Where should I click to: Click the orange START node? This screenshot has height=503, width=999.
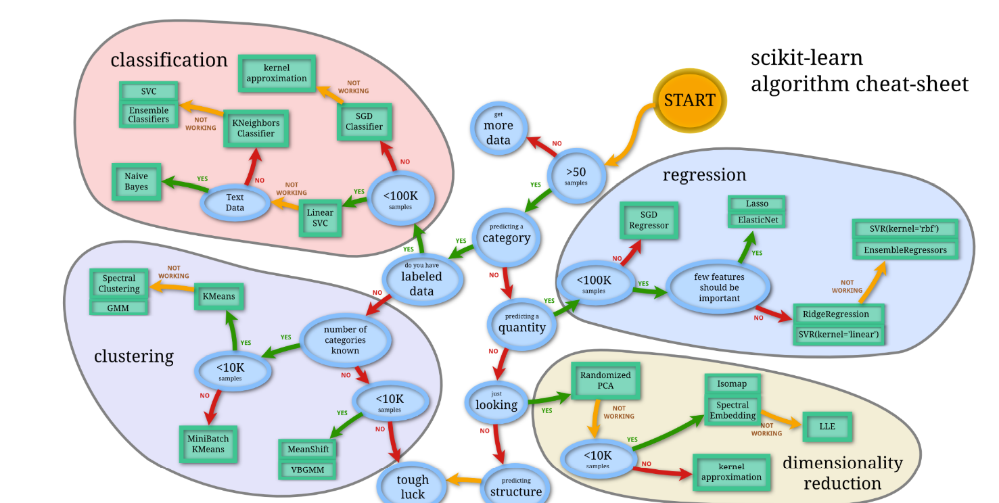pyautogui.click(x=689, y=101)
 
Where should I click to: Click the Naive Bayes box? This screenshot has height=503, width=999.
pyautogui.click(x=136, y=182)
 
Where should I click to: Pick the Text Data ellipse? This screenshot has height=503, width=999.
pyautogui.click(x=235, y=202)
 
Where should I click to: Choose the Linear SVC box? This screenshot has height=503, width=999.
pyautogui.click(x=320, y=218)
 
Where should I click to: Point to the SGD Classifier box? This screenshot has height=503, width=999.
pyautogui.click(x=364, y=122)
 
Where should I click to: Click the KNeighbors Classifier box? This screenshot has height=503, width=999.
pyautogui.click(x=256, y=128)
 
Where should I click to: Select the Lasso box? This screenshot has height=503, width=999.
pyautogui.click(x=757, y=203)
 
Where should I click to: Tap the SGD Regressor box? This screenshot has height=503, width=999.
pyautogui.click(x=649, y=220)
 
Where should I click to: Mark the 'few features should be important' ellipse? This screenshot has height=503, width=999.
pyautogui.click(x=719, y=287)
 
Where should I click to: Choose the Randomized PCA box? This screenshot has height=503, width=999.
pyautogui.click(x=605, y=380)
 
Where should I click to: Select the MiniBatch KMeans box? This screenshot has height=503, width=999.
pyautogui.click(x=208, y=444)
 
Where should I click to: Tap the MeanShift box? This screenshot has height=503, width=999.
pyautogui.click(x=307, y=449)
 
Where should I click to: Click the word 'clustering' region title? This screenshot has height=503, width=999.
pyautogui.click(x=134, y=356)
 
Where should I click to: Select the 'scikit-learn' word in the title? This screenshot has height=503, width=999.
pyautogui.click(x=807, y=58)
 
